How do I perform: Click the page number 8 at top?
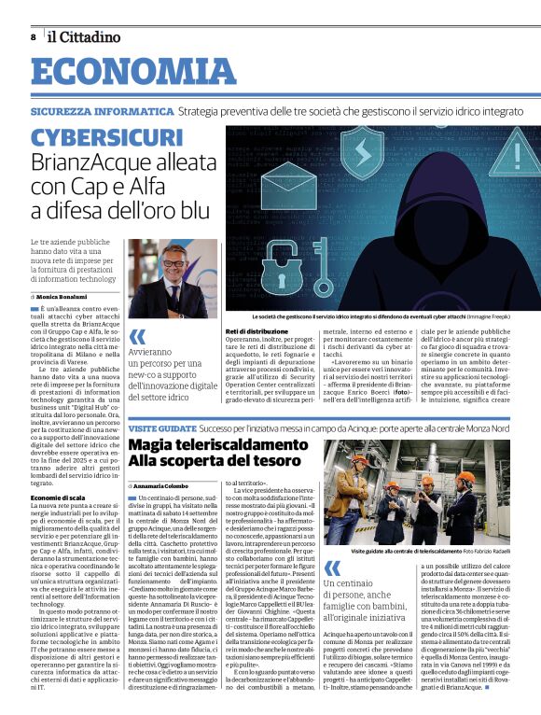[x=33, y=36]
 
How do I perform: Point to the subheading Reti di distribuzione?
[x=257, y=330]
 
